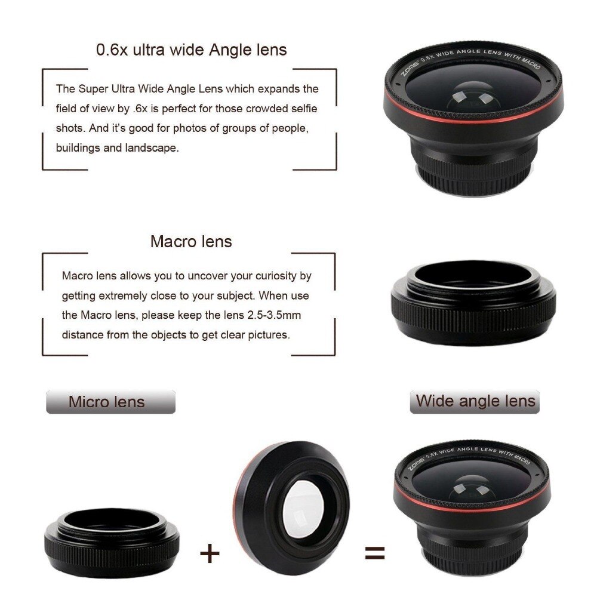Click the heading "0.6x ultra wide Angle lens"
point(191,50)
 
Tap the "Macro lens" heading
point(191,241)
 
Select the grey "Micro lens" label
point(111,402)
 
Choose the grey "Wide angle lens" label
point(475,402)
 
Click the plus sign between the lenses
point(210,553)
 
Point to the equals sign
point(375,553)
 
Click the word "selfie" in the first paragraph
point(304,109)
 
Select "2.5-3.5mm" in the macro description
point(274,315)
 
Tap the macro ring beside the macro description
point(473,303)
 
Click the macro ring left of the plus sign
point(112,543)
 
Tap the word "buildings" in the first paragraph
point(78,147)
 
